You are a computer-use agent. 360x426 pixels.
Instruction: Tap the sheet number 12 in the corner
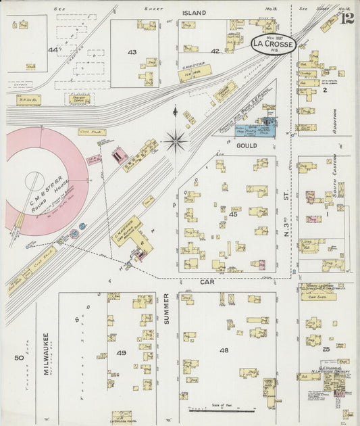tap(347, 18)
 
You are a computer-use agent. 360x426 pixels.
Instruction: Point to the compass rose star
tap(176, 141)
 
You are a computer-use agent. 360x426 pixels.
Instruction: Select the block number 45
tap(233, 215)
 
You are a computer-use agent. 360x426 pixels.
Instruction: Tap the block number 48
tap(224, 350)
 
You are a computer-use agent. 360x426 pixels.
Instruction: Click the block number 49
tap(121, 353)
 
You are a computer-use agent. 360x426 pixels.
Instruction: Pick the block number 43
tap(132, 52)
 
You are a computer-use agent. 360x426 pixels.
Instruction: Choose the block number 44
tap(53, 50)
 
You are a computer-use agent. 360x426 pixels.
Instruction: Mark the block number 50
tap(18, 356)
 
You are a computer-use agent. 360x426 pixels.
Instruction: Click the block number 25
tap(326, 349)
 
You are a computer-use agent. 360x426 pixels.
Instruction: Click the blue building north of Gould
tap(257, 126)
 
